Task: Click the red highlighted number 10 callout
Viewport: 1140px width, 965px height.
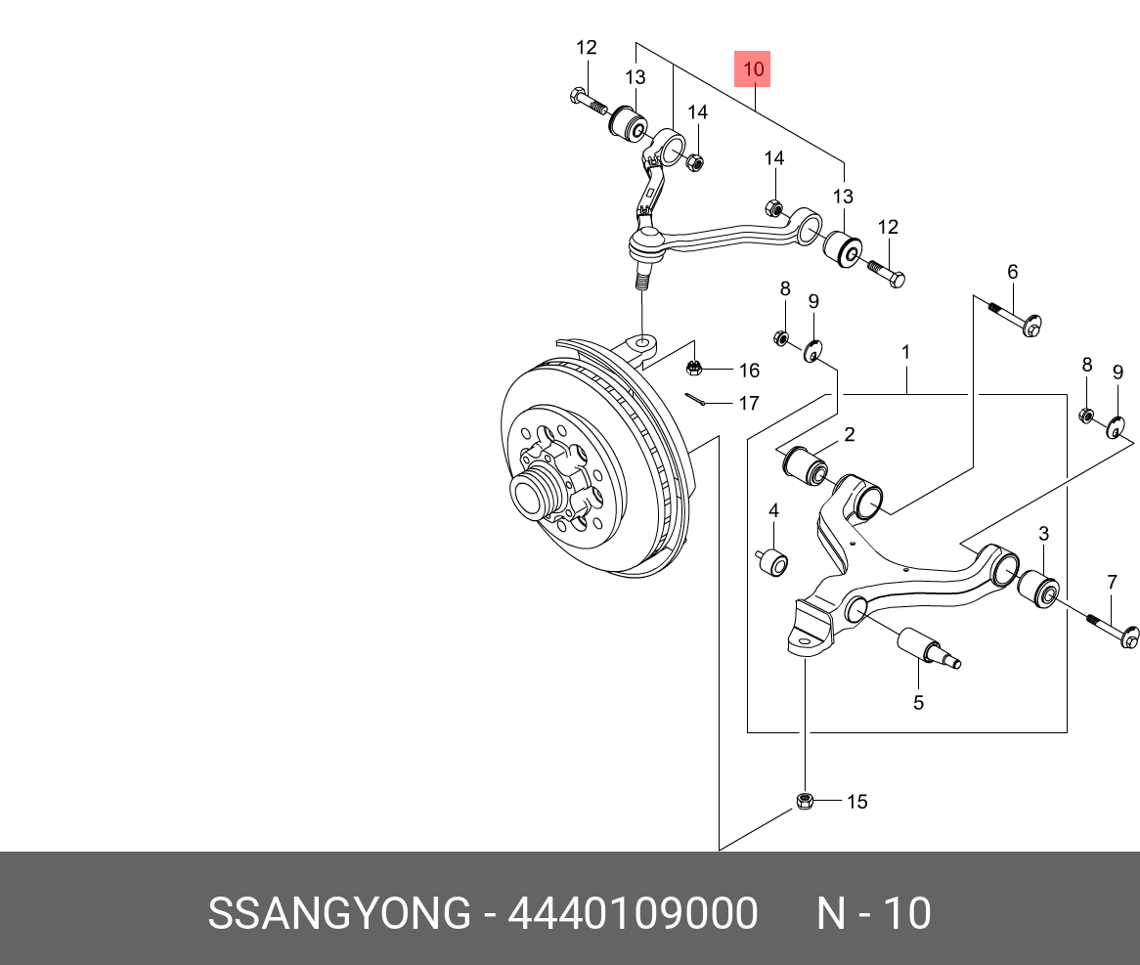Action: click(752, 69)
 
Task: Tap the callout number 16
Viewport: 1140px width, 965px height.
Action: click(749, 371)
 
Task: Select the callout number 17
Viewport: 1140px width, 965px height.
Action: click(749, 404)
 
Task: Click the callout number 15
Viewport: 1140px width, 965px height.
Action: click(857, 802)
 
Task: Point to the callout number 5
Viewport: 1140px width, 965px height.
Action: click(918, 702)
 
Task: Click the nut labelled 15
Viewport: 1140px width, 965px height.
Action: click(804, 801)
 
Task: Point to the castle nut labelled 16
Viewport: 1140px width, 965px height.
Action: click(693, 369)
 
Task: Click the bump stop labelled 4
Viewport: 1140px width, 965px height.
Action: click(772, 563)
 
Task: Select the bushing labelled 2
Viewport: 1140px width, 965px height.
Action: click(805, 467)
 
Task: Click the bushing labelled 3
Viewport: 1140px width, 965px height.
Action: click(1038, 589)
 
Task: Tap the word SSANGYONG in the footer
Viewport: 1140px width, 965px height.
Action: click(339, 913)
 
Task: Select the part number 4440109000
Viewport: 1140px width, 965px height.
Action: click(633, 913)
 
